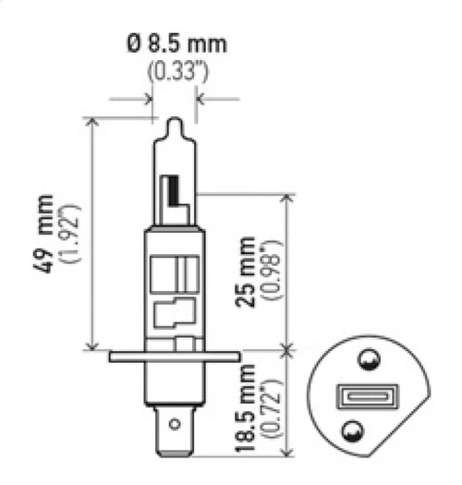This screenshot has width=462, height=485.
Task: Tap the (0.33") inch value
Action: coord(174,70)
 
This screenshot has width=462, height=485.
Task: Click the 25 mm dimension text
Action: coord(246,274)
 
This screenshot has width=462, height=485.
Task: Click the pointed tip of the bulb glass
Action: coord(174,122)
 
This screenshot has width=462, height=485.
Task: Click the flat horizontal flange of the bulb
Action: coord(174,356)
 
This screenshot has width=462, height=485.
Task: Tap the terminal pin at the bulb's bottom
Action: coord(174,430)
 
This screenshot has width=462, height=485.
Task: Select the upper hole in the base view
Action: coord(367,359)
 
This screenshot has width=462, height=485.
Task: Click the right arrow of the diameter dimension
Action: coord(201,97)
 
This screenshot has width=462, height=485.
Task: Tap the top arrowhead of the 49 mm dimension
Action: coord(91,121)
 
